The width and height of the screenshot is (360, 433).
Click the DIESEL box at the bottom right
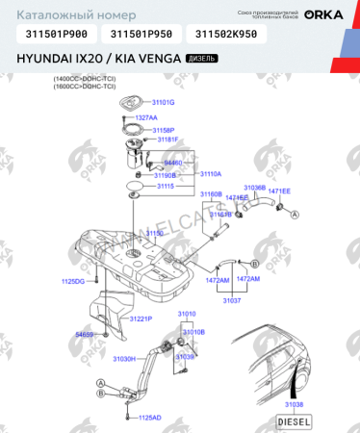[x=294, y=421]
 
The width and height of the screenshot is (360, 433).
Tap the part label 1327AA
[x=145, y=116]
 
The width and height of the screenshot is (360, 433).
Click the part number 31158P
[x=163, y=129]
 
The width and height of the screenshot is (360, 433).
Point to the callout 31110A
[x=209, y=174]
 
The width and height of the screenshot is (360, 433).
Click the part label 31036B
[x=254, y=188]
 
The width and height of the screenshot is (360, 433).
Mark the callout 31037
[x=232, y=301]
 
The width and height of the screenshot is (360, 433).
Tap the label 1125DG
[x=73, y=281]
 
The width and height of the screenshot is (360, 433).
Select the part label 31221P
[x=141, y=318]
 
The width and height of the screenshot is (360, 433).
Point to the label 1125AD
[x=149, y=418]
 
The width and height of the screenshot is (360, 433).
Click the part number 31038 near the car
[x=294, y=404]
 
